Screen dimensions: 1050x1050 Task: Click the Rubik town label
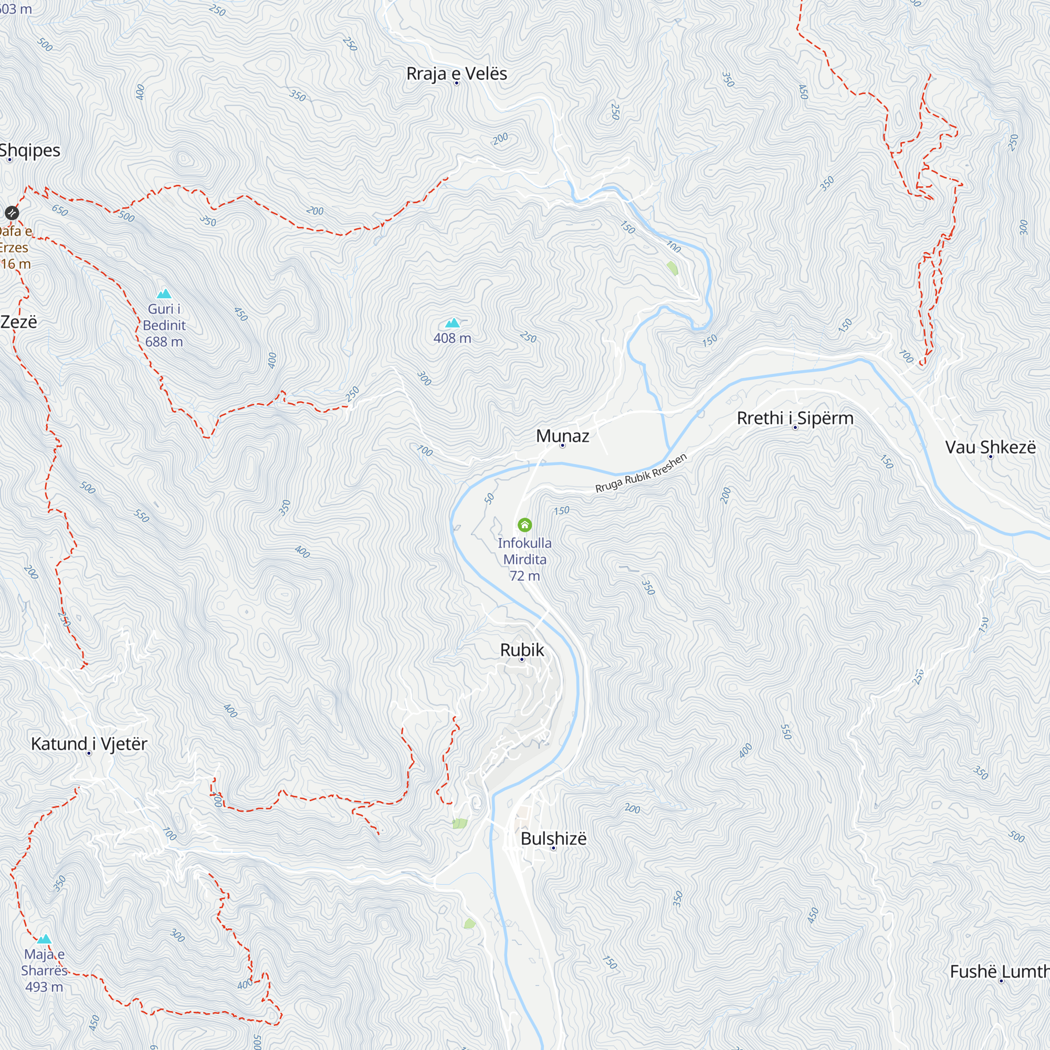(x=522, y=649)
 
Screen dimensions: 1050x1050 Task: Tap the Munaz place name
(x=562, y=436)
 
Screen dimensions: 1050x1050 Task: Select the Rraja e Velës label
(x=457, y=73)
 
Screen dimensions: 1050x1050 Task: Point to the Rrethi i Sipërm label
(x=794, y=418)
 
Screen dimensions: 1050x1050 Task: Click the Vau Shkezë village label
(x=990, y=447)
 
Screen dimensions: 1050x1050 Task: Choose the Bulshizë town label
(x=553, y=838)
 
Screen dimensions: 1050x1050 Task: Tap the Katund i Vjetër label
(x=89, y=743)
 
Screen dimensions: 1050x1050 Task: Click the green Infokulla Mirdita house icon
(x=524, y=524)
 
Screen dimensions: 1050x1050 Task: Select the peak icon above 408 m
(x=452, y=323)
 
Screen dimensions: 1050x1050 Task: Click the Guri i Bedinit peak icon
(x=164, y=294)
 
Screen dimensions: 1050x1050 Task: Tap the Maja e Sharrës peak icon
(x=45, y=939)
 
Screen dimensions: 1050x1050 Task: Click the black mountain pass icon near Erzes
(x=12, y=213)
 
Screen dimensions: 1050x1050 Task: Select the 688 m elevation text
(x=164, y=342)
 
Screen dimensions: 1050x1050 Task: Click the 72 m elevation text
(x=524, y=575)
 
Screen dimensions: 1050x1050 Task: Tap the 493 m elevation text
(x=44, y=987)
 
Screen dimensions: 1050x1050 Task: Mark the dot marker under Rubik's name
(x=522, y=660)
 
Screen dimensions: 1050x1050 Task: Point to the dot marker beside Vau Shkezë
(x=991, y=457)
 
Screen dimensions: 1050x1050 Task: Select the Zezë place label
(x=18, y=322)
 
